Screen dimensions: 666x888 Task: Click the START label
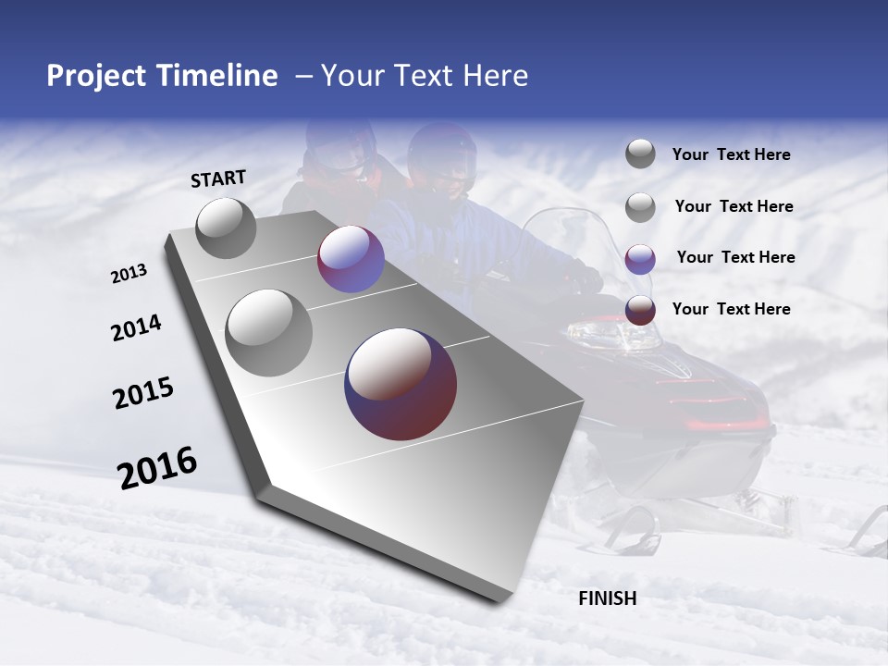[218, 179]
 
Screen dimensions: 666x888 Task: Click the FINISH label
[607, 598]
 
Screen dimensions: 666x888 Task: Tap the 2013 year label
[129, 273]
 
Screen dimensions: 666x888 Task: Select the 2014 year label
[136, 328]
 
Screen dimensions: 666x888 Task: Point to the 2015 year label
[143, 393]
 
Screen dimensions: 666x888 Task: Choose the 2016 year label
[157, 467]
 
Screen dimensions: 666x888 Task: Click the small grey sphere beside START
[226, 228]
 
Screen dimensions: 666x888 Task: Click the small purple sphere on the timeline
[351, 260]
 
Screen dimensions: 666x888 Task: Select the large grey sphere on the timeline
[269, 333]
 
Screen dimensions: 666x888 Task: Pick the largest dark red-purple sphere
[401, 383]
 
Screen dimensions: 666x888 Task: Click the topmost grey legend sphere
[640, 154]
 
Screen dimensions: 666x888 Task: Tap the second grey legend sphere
[640, 207]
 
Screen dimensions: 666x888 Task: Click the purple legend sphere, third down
[640, 258]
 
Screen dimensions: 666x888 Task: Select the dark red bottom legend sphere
[640, 310]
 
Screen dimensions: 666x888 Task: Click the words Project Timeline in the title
[162, 76]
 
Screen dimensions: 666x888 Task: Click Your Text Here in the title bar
[425, 76]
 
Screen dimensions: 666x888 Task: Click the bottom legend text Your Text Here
[731, 309]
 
